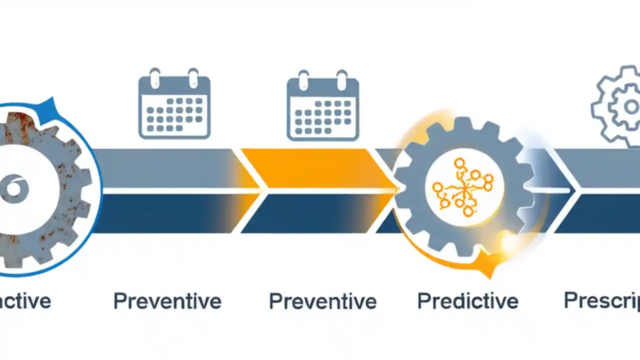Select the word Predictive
pyautogui.click(x=467, y=301)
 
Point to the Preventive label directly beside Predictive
pyautogui.click(x=322, y=301)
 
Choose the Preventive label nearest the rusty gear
pyautogui.click(x=167, y=301)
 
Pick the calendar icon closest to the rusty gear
pyautogui.click(x=174, y=104)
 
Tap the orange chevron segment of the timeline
pyautogui.click(x=310, y=168)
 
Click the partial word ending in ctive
pyautogui.click(x=25, y=301)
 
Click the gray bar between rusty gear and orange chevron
pyautogui.click(x=165, y=168)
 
